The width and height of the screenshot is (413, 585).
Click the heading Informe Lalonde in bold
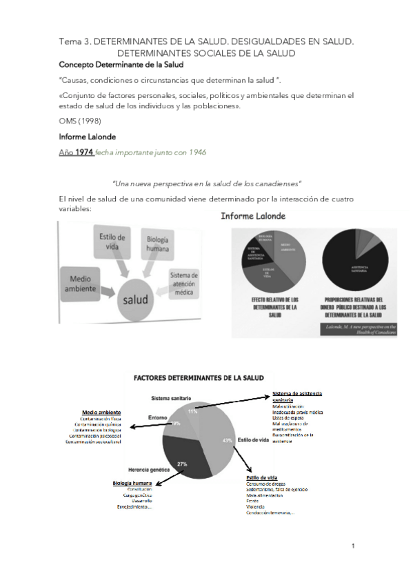tap(87, 137)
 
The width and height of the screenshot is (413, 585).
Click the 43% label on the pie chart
tap(228, 439)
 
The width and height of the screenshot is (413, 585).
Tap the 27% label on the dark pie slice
tap(182, 463)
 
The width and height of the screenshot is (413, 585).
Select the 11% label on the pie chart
tap(192, 411)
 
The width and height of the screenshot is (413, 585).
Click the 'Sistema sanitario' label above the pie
tap(172, 398)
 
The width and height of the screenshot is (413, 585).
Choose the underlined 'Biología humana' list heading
tap(132, 483)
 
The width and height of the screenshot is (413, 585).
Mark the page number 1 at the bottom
tap(352, 546)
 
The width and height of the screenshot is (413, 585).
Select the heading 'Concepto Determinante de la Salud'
tap(121, 65)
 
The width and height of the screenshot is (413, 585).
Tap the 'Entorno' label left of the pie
tap(159, 417)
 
